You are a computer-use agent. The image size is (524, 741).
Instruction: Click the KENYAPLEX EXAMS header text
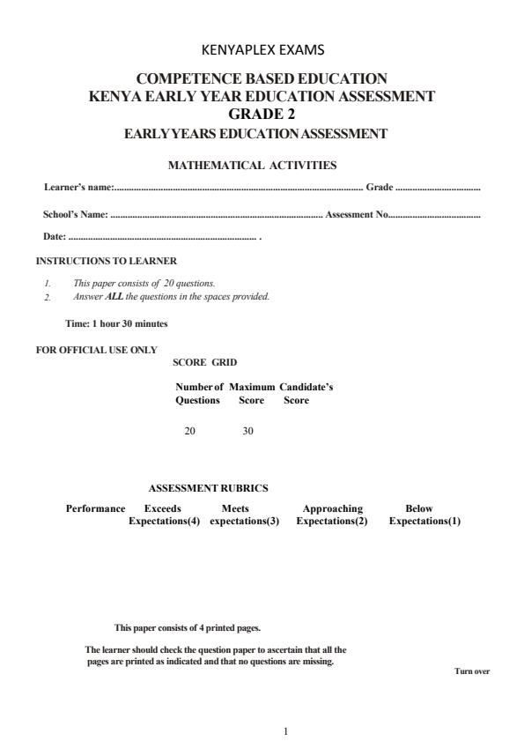point(262,50)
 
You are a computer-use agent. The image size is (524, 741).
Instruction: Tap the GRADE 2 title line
point(262,114)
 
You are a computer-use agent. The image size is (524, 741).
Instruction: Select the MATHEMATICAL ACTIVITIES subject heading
point(252,165)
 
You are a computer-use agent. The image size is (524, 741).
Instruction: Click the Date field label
point(55,236)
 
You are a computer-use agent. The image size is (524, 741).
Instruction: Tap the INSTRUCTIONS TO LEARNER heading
point(106,262)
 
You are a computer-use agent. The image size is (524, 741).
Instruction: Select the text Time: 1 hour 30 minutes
point(116,323)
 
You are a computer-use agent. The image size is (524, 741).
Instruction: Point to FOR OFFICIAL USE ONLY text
point(96,350)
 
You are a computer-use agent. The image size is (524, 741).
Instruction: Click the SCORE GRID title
point(204,362)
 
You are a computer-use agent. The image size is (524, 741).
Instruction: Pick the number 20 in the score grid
point(189,431)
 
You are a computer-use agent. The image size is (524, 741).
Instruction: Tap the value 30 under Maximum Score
point(247,431)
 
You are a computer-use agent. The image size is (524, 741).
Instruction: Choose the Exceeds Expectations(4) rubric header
point(164,515)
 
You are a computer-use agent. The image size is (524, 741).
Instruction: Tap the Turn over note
point(471,671)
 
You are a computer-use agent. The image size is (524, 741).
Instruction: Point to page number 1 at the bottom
point(285,730)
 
